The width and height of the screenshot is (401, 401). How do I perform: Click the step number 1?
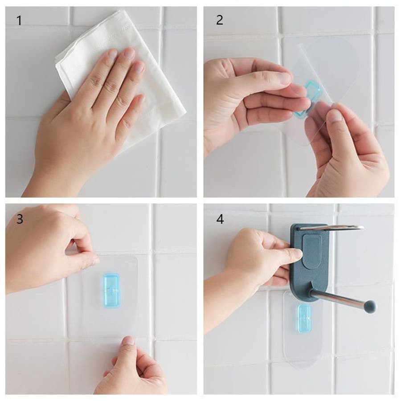click(x=19, y=20)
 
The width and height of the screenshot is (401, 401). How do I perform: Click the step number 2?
click(x=219, y=20)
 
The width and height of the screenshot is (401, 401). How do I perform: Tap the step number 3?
click(x=20, y=219)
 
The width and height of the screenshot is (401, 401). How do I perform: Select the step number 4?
click(x=220, y=219)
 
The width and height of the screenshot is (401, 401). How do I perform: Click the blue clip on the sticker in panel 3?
click(x=111, y=290)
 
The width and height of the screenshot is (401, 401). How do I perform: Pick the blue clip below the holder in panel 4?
click(x=304, y=319)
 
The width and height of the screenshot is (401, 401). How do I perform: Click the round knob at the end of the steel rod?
click(x=369, y=306)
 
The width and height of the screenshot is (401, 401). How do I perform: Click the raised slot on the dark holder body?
click(x=312, y=251)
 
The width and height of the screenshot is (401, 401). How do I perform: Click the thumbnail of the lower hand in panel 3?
click(x=128, y=341)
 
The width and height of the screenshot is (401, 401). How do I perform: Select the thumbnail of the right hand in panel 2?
click(x=336, y=115)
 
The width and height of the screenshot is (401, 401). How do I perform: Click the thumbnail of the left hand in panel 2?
click(x=285, y=78)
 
